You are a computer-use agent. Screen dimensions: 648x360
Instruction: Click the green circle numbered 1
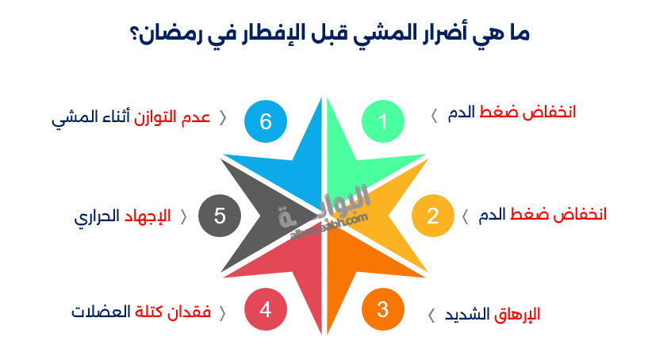point(382,121)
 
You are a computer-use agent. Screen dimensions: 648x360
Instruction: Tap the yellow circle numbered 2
point(433,216)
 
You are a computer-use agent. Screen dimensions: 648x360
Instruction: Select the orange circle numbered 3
point(382,309)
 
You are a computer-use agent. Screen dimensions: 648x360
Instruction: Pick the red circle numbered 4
point(266,309)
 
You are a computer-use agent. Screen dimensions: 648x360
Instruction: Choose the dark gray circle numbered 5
point(220,216)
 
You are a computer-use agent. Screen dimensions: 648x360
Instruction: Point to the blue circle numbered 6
point(266,121)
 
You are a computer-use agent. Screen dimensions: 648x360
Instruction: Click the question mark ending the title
point(133,35)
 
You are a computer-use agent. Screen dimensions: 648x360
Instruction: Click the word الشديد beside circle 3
point(467,314)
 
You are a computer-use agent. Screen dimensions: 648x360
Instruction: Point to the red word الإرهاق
point(517,314)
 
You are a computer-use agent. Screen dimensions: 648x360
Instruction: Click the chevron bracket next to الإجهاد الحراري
point(184,217)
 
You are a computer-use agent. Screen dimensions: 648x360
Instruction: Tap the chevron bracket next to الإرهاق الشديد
point(431,316)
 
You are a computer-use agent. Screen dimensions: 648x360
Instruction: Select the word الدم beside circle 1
point(461,113)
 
